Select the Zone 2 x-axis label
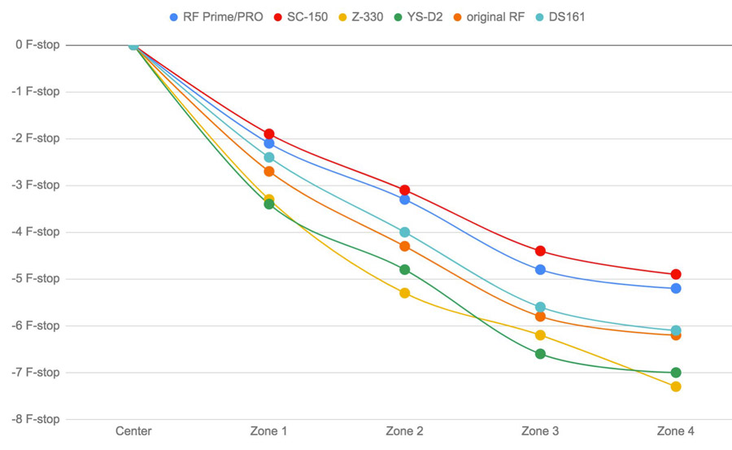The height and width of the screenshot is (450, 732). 404,431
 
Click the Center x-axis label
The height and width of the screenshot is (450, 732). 133,431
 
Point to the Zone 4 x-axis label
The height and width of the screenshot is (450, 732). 676,431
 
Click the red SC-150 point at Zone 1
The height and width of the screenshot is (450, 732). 269,134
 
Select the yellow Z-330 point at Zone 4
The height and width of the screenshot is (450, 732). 676,387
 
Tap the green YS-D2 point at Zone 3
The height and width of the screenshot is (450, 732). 540,354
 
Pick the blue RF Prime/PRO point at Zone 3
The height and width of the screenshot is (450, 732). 540,269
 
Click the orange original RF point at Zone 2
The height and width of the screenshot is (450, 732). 404,246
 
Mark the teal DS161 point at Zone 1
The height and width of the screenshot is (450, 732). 269,157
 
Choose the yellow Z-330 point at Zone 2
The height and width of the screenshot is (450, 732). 404,293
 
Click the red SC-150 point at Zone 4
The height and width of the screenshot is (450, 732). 676,274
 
